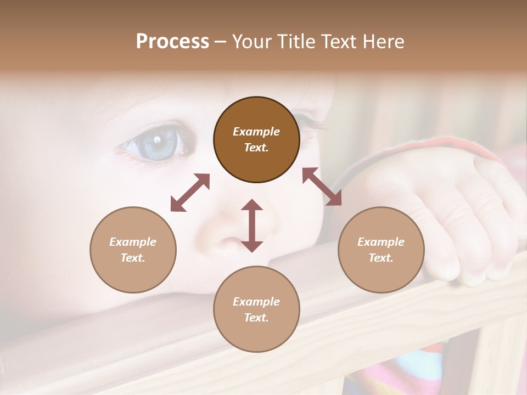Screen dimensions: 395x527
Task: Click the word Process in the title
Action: (172, 42)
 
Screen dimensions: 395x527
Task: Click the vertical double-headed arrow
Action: (252, 225)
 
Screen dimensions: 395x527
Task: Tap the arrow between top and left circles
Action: (190, 193)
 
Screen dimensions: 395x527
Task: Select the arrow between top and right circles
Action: (322, 187)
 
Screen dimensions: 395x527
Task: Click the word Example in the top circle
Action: (256, 132)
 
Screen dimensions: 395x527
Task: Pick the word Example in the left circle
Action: (133, 242)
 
